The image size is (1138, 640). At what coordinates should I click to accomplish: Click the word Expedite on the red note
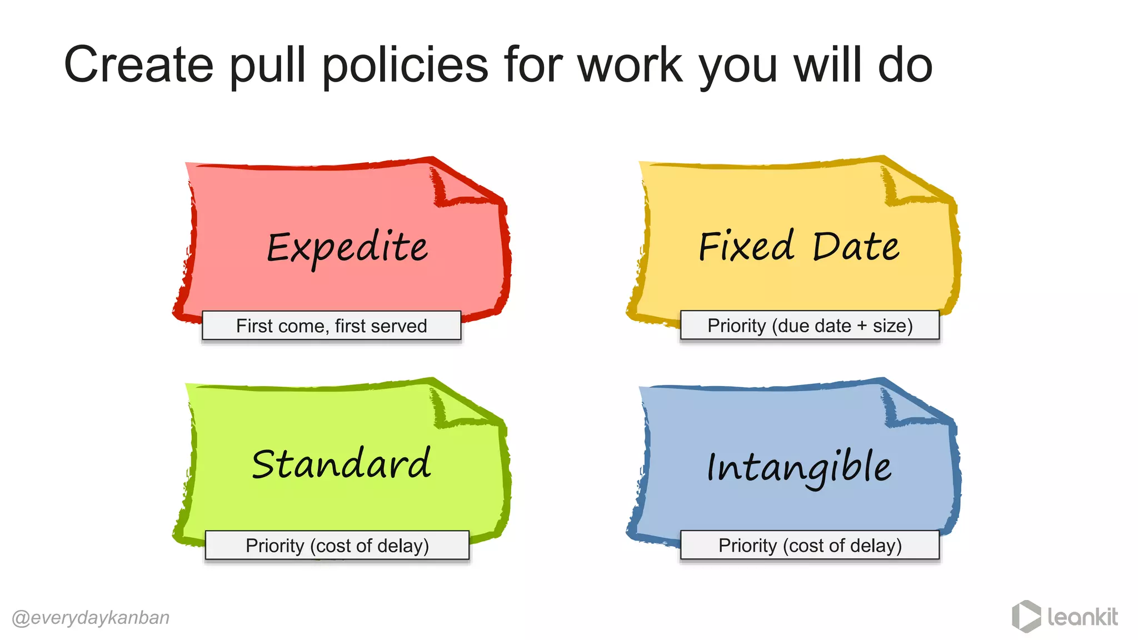click(347, 248)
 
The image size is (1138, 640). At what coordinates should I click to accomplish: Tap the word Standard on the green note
click(341, 464)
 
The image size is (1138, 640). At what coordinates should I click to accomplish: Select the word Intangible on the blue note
click(799, 467)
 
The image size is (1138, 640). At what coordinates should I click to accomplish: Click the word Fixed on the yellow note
click(746, 246)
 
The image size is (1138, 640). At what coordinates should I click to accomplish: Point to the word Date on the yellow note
click(856, 246)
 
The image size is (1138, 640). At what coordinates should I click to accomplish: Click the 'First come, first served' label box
click(332, 326)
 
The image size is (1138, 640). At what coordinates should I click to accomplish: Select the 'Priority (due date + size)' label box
click(810, 326)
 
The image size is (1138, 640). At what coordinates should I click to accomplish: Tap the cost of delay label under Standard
click(337, 546)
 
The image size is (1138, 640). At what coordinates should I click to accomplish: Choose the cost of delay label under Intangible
click(810, 546)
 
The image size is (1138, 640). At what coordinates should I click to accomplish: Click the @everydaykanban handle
click(91, 618)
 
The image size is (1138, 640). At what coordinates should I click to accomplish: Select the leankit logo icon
click(1026, 616)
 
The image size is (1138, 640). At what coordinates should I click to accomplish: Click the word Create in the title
click(139, 66)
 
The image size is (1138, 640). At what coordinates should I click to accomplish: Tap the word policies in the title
click(405, 66)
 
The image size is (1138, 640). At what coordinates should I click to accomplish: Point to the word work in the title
click(630, 66)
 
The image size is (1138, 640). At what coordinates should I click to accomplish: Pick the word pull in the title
click(268, 66)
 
